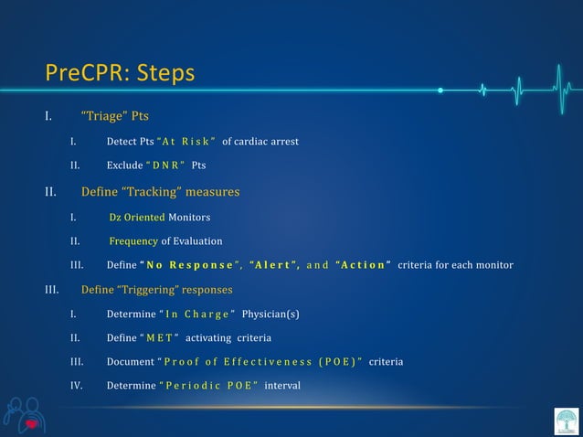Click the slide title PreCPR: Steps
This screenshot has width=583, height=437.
[x=120, y=72]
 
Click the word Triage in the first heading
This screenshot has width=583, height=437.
[x=104, y=116]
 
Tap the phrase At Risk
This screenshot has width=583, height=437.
[x=187, y=142]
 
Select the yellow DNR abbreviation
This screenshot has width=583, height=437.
[x=169, y=166]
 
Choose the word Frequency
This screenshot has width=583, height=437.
[x=133, y=241]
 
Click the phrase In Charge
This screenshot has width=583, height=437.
[x=194, y=314]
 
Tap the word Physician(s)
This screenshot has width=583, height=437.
[x=271, y=314]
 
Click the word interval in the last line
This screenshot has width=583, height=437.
[x=282, y=386]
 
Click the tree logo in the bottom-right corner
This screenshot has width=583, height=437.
[x=566, y=421]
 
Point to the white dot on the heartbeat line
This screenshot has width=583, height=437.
[x=440, y=91]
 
